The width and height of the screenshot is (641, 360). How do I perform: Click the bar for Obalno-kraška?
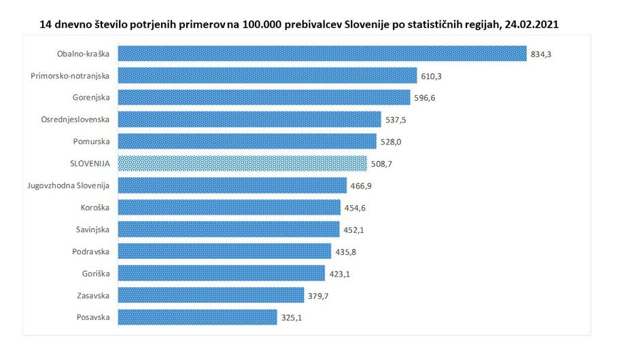(x=323, y=54)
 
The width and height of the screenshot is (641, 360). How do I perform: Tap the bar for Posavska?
(x=198, y=317)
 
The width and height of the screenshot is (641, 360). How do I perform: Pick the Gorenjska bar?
(x=264, y=97)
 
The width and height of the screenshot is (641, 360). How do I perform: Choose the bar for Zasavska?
(x=211, y=295)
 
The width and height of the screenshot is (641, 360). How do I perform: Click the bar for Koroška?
(x=230, y=207)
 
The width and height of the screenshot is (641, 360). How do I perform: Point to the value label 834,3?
(x=540, y=54)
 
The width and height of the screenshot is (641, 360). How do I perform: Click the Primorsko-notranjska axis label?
(x=75, y=75)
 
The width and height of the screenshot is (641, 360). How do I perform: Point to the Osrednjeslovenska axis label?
(x=80, y=120)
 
